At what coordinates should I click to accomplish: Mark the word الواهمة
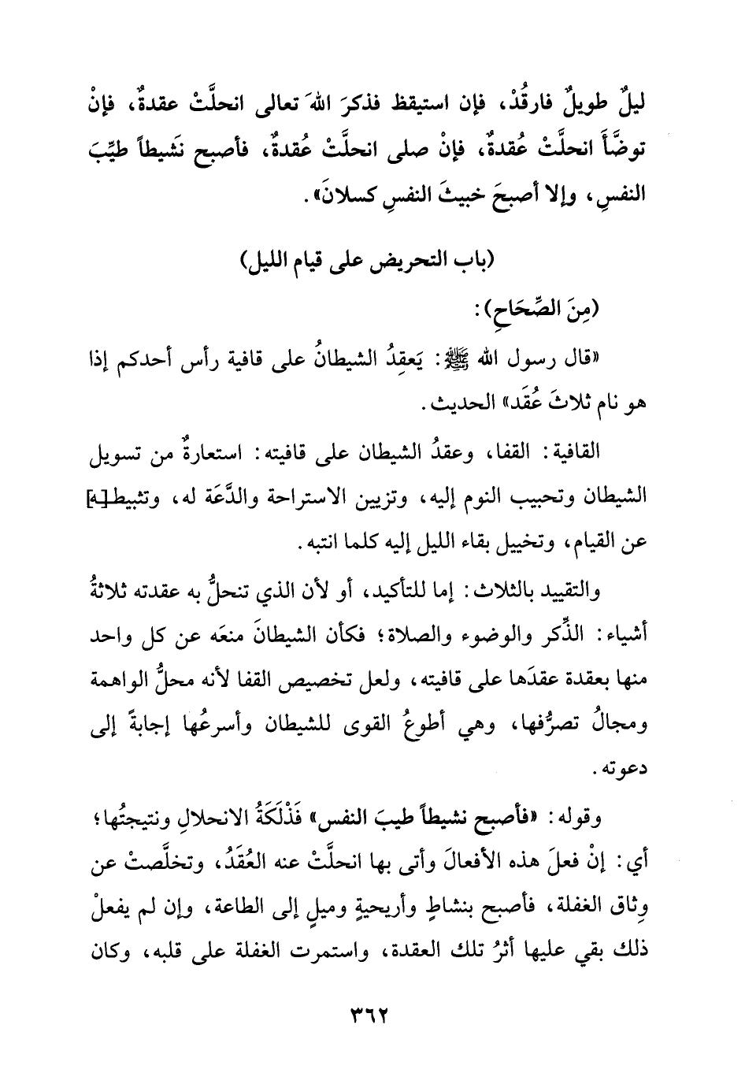(x=123, y=680)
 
